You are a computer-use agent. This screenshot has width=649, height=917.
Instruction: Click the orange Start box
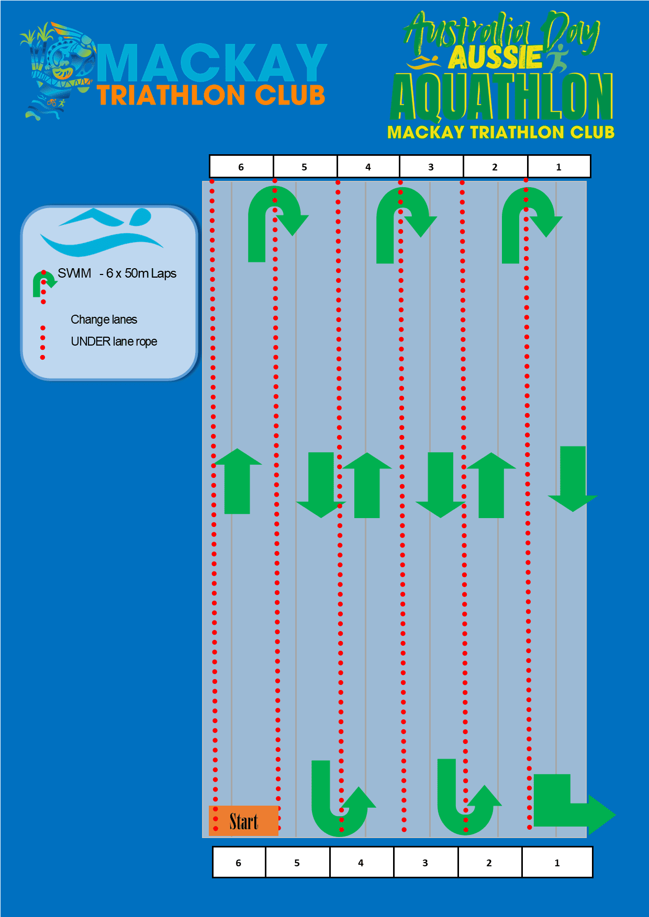tap(243, 821)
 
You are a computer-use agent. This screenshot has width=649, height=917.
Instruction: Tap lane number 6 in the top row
tap(241, 167)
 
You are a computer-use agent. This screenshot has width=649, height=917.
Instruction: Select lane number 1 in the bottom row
tap(557, 863)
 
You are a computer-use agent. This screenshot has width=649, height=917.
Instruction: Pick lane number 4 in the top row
tap(368, 167)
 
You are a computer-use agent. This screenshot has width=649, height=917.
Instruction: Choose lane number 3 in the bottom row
tap(425, 863)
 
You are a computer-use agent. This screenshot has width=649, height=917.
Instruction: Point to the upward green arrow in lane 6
tap(238, 481)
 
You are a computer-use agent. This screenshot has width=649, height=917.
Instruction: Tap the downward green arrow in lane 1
tap(573, 478)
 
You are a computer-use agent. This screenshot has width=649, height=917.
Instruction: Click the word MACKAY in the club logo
tap(212, 63)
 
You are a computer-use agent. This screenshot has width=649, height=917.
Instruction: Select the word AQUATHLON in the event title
tap(501, 97)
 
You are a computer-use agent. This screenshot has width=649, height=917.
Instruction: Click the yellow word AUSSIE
tap(495, 58)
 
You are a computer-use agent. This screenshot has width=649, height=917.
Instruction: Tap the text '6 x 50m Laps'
tap(141, 273)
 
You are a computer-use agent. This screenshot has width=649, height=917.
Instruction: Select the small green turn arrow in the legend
tap(43, 283)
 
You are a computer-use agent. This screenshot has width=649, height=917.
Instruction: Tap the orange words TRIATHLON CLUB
tap(211, 95)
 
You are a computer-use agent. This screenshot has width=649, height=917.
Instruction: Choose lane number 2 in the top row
tap(495, 167)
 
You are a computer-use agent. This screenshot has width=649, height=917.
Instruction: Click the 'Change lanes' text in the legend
tap(104, 319)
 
